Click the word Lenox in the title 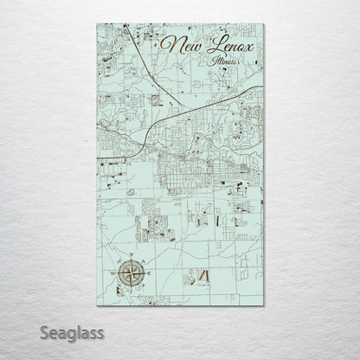click(227, 45)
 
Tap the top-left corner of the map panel click(97, 24)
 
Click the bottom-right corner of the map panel click(264, 305)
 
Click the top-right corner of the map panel click(264, 24)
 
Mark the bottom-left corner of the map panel click(97, 305)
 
